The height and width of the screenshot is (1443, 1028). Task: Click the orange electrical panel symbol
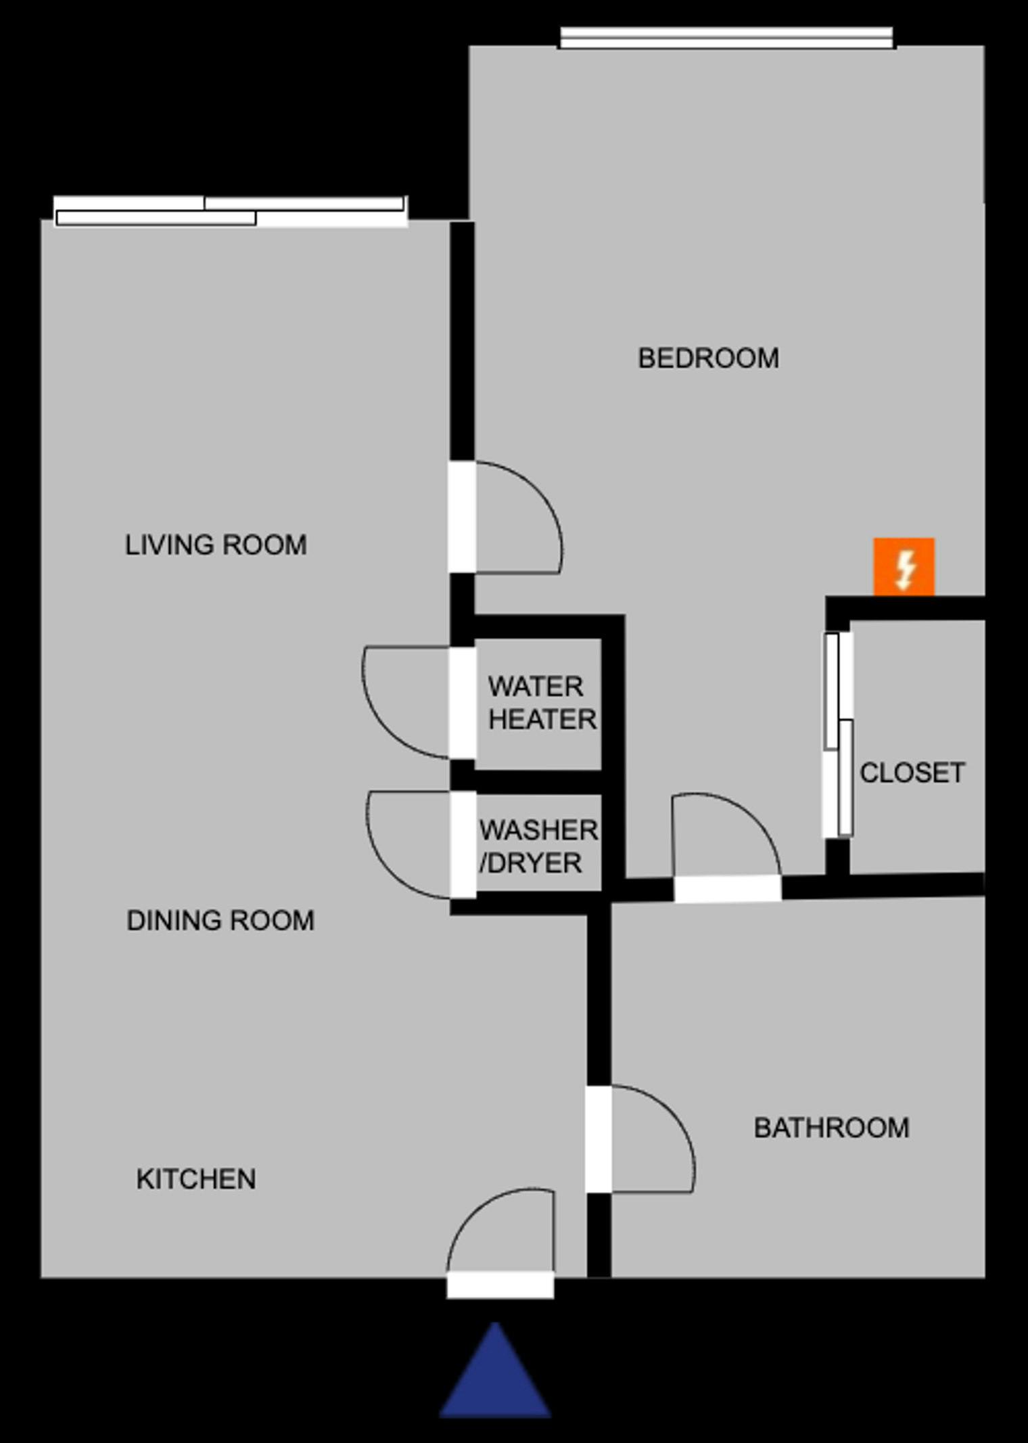click(904, 567)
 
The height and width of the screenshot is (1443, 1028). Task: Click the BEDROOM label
click(708, 359)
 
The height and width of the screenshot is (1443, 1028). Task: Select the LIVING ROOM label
click(216, 545)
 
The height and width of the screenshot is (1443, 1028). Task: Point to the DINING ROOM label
click(220, 920)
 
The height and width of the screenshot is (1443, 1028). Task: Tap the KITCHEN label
click(196, 1179)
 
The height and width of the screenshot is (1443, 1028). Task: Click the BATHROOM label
click(831, 1128)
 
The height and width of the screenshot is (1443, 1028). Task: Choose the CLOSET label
click(912, 773)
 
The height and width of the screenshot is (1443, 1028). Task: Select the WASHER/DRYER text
click(538, 846)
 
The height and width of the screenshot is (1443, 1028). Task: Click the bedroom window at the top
click(727, 38)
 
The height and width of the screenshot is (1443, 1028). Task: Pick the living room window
click(231, 211)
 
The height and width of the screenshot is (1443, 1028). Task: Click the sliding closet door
click(838, 735)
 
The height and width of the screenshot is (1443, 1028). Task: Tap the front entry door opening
click(500, 1285)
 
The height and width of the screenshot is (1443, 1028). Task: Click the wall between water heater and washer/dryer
click(538, 781)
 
